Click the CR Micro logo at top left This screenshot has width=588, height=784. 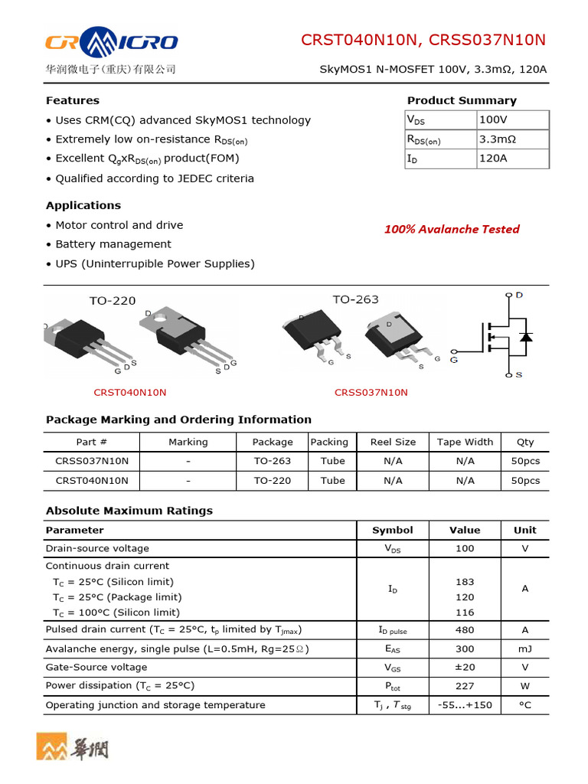click(x=112, y=41)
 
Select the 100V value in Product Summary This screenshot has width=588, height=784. click(x=493, y=120)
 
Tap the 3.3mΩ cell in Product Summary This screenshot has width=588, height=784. click(x=498, y=139)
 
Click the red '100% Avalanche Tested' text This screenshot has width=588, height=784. click(x=452, y=229)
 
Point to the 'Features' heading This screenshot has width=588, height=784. click(x=73, y=100)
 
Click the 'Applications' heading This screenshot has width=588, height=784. click(x=83, y=205)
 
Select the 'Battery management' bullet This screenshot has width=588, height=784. click(x=113, y=244)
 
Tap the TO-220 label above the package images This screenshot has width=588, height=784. click(x=113, y=300)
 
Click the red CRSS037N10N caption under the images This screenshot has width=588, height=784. click(x=371, y=393)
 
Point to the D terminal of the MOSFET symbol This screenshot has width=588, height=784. click(x=518, y=295)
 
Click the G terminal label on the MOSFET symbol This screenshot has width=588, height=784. click(x=454, y=359)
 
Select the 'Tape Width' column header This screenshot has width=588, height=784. click(x=465, y=442)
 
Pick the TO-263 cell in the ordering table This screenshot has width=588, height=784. click(x=273, y=461)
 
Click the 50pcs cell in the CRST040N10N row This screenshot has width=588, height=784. click(x=525, y=481)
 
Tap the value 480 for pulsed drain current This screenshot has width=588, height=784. click(x=465, y=630)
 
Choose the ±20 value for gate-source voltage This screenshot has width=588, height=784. click(x=465, y=667)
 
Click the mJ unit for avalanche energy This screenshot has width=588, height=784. click(x=525, y=648)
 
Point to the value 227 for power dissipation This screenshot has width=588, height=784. click(x=465, y=686)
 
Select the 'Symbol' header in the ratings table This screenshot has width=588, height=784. click(x=393, y=530)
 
